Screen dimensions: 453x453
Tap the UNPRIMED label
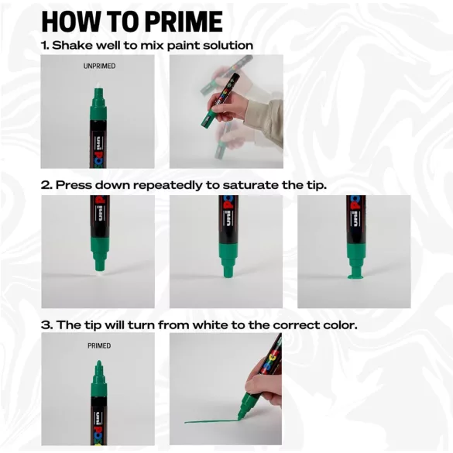(99, 67)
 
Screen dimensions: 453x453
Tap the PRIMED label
(99, 345)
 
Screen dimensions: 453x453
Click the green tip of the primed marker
(98, 363)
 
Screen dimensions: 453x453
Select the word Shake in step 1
(74, 46)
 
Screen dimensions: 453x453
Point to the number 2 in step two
(45, 185)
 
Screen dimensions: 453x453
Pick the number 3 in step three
(45, 324)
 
